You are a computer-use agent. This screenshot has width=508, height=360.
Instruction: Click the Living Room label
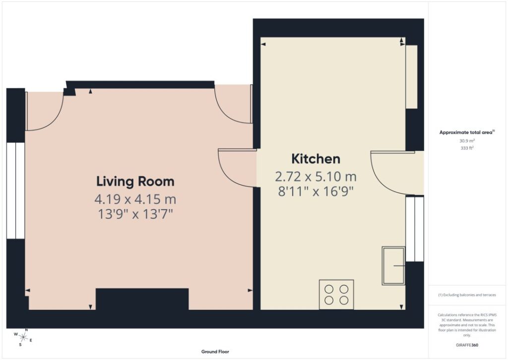135,181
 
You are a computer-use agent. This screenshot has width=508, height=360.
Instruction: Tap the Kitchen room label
316,159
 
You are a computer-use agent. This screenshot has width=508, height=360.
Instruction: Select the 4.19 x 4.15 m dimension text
135,199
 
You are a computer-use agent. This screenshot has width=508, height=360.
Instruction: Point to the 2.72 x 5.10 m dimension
316,177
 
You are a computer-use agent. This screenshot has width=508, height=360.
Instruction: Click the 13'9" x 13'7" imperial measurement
135,214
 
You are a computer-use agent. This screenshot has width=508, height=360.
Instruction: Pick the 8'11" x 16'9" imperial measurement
316,192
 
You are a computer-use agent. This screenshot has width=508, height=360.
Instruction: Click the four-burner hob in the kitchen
336,294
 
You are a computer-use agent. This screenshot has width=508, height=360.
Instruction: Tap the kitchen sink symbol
393,266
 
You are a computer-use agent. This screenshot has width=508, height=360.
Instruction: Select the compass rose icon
23,337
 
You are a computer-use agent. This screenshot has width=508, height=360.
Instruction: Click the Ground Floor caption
215,352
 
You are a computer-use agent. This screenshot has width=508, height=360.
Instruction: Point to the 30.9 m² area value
467,141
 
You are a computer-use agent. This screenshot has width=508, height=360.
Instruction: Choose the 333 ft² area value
467,148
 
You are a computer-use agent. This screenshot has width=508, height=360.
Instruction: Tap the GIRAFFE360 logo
467,345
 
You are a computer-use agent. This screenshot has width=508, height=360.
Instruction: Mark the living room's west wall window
15,191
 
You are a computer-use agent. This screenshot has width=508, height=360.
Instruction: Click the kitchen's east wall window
415,228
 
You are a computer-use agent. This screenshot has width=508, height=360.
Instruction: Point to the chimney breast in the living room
142,299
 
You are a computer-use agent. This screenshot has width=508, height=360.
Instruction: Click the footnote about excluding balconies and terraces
467,295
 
